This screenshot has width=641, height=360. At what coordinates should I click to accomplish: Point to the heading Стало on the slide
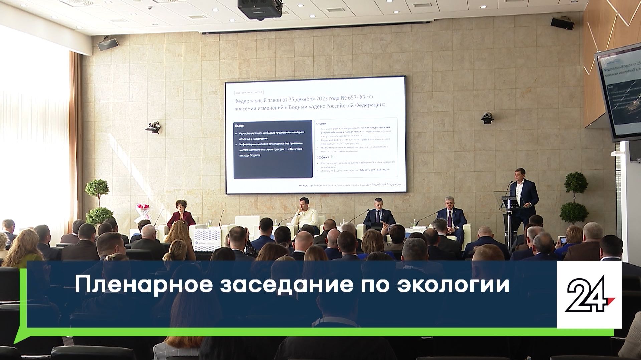pos(321,124)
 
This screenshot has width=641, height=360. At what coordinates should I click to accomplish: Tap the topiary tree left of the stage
pos(98,200)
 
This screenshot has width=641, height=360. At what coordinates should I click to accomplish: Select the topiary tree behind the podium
pos(574,197)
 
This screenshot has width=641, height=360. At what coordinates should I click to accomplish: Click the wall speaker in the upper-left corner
pos(113,43)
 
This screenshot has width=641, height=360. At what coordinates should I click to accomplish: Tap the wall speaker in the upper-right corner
pos(562,23)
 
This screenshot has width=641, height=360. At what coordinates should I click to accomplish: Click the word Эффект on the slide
pos(323,157)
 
